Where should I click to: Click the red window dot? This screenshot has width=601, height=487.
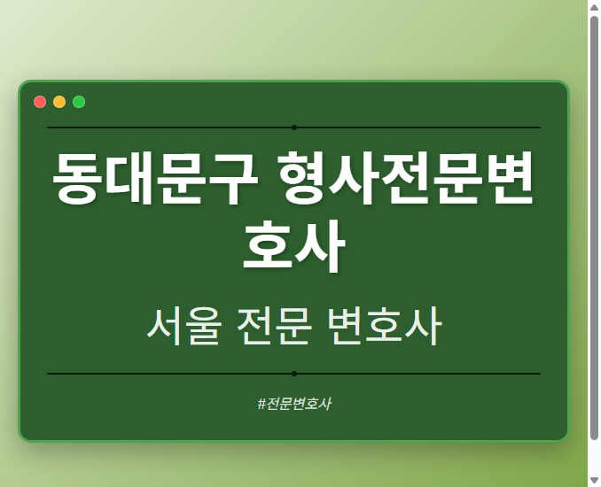tap(40, 102)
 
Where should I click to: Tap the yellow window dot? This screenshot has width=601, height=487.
tap(59, 102)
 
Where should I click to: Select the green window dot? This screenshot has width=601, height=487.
tap(79, 102)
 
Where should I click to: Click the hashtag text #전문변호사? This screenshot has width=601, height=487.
tap(294, 404)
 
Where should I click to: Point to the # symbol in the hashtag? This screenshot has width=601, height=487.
tap(262, 404)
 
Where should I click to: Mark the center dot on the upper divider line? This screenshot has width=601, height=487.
tap(294, 128)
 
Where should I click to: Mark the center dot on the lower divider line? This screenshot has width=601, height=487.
tap(294, 374)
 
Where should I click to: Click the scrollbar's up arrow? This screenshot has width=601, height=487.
tap(594, 7)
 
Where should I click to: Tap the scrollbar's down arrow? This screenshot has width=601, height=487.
tap(594, 480)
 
